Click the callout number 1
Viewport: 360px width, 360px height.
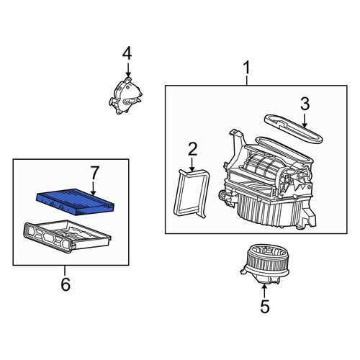(247, 68)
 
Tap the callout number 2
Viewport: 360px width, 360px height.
(192, 149)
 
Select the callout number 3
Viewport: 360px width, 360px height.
(305, 104)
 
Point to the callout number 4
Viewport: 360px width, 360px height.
(127, 53)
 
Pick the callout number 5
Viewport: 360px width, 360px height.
(265, 307)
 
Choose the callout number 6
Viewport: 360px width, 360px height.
(66, 284)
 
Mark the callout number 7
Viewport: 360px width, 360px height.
(94, 173)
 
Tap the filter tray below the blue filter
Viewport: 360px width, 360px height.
(67, 236)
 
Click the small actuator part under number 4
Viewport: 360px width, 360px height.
(125, 96)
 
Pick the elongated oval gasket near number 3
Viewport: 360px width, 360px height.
(293, 129)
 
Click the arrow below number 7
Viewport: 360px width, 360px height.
(94, 188)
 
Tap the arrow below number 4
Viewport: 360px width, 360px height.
(128, 70)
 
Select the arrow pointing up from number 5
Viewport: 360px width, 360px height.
(264, 292)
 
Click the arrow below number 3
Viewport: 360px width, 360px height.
(305, 120)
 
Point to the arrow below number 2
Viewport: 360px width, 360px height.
(192, 165)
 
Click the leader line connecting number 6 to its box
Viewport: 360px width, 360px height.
(65, 271)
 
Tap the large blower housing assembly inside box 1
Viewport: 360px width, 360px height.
(268, 182)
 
